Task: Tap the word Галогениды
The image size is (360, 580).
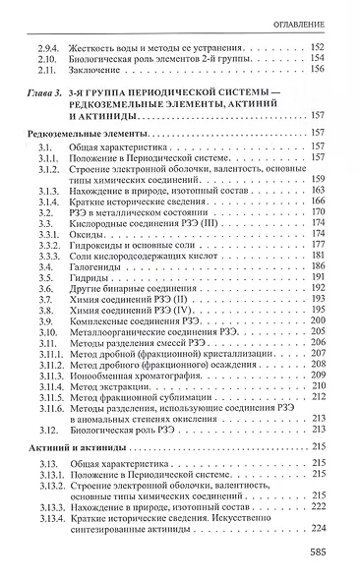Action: coord(100,266)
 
